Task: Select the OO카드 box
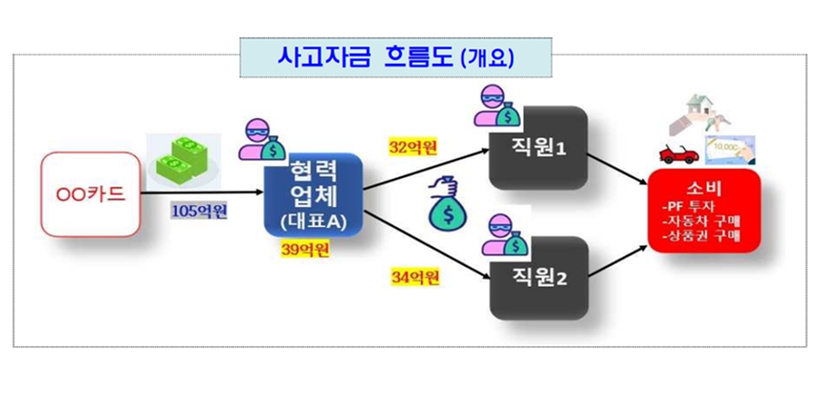[x=92, y=196]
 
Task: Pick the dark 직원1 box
[x=536, y=148]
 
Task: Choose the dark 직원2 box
[x=536, y=278]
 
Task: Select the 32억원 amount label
[x=414, y=147]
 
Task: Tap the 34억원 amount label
[x=414, y=274]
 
